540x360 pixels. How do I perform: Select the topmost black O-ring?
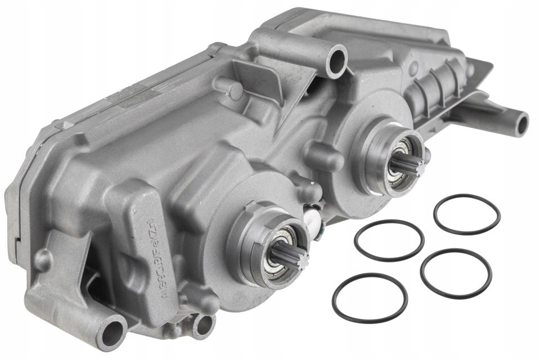pos(466,214)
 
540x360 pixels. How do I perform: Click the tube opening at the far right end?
pos(520,124)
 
